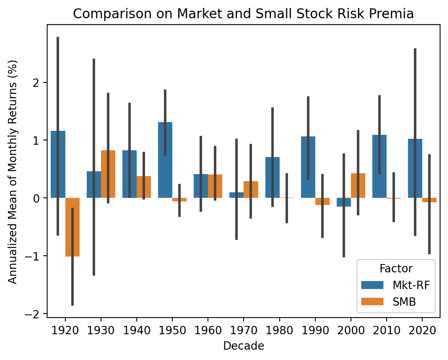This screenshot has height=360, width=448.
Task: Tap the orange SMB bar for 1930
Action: pos(108,174)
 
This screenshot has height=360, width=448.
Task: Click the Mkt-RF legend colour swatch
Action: pos(372,285)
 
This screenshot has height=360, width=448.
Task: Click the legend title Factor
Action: pos(396,269)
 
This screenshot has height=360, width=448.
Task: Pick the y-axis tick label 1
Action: pos(40,140)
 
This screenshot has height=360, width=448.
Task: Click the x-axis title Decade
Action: pos(244,346)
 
